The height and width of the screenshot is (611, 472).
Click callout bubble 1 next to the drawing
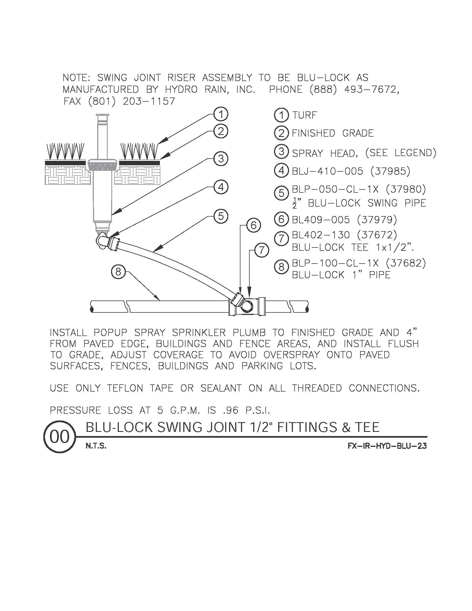click(x=221, y=114)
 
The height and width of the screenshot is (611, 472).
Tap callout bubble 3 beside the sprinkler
click(x=221, y=159)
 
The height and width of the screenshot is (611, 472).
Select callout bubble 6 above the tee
click(x=253, y=225)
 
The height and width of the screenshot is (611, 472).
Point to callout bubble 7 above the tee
click(x=262, y=250)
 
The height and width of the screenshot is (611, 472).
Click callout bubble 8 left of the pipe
click(x=118, y=271)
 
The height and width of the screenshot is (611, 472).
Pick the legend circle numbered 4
click(x=281, y=171)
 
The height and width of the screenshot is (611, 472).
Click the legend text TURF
click(x=305, y=115)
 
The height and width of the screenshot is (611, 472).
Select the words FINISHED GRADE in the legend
click(x=332, y=133)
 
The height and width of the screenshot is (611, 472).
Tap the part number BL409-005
click(x=321, y=220)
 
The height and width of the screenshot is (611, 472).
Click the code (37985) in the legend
click(x=390, y=171)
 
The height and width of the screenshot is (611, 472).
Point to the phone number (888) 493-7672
click(x=354, y=89)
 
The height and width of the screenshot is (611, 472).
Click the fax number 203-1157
click(x=149, y=101)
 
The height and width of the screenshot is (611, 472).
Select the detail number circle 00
click(x=60, y=437)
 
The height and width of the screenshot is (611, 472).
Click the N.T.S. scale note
click(x=96, y=446)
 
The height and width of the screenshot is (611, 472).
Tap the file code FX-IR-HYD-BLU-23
click(x=387, y=446)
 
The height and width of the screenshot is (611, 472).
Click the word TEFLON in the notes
click(x=125, y=388)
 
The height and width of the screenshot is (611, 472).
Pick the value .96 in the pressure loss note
click(x=231, y=410)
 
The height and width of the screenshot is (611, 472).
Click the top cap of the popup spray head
click(x=102, y=115)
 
